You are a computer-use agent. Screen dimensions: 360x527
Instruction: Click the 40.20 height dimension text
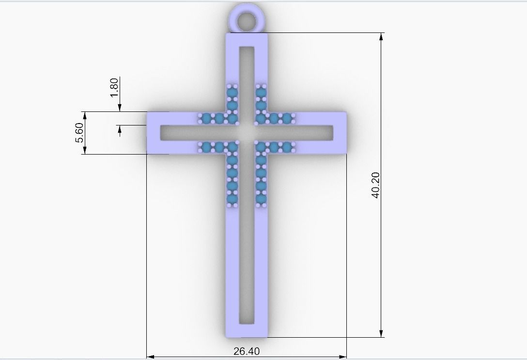(x=376, y=185)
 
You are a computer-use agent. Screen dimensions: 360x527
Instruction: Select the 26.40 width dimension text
(x=247, y=351)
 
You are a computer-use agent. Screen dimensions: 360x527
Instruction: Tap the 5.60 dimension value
(x=79, y=133)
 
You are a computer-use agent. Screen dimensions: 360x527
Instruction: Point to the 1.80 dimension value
(x=114, y=87)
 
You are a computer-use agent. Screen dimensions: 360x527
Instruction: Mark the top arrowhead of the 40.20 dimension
(x=381, y=36)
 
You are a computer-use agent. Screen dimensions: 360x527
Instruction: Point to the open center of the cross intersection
(x=247, y=132)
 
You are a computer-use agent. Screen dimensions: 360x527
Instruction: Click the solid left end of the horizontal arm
(x=153, y=133)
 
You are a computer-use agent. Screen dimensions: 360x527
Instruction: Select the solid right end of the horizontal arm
(x=340, y=133)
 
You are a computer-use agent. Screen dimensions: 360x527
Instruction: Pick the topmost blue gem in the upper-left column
(x=232, y=93)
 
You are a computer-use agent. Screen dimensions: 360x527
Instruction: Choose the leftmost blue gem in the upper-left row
(x=205, y=118)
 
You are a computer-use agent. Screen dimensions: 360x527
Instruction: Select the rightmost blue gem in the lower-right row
(x=288, y=147)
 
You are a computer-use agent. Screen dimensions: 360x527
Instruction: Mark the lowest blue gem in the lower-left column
(x=232, y=199)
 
